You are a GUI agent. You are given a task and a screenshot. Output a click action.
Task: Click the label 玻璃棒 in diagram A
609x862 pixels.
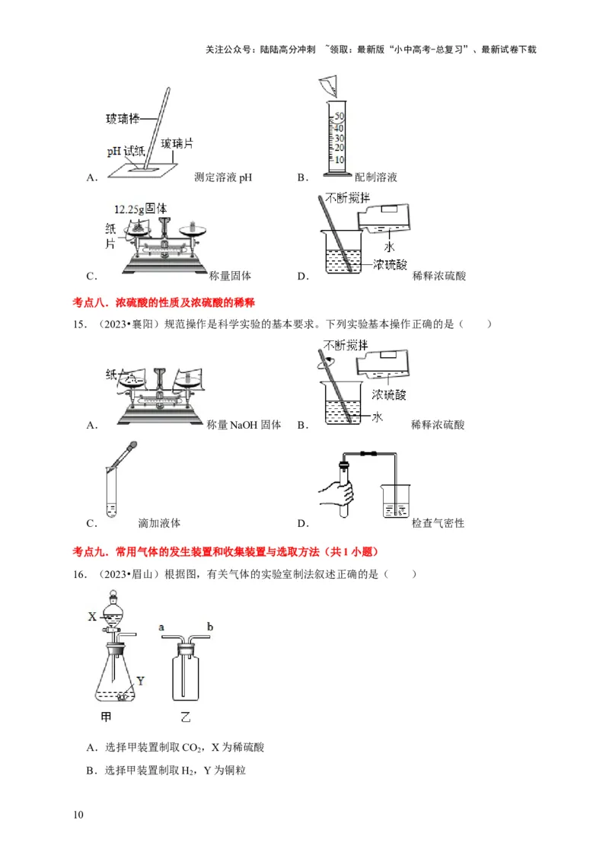tap(123, 120)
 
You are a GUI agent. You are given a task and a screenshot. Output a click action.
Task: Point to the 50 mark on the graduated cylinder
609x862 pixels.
tap(340, 117)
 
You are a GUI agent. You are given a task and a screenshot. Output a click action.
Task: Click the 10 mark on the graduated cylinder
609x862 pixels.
tap(340, 159)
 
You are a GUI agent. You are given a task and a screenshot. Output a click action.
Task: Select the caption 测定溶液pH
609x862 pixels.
tap(223, 177)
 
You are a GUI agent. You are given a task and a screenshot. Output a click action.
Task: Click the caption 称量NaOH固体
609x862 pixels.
tap(244, 425)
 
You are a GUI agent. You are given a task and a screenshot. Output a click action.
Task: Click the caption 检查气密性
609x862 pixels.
tap(438, 523)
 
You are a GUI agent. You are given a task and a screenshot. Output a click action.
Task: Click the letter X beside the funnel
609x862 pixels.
tap(91, 616)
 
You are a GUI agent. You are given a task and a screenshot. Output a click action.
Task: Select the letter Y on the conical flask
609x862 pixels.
tap(140, 679)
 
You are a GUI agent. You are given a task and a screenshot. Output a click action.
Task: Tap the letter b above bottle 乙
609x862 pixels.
tap(209, 626)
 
